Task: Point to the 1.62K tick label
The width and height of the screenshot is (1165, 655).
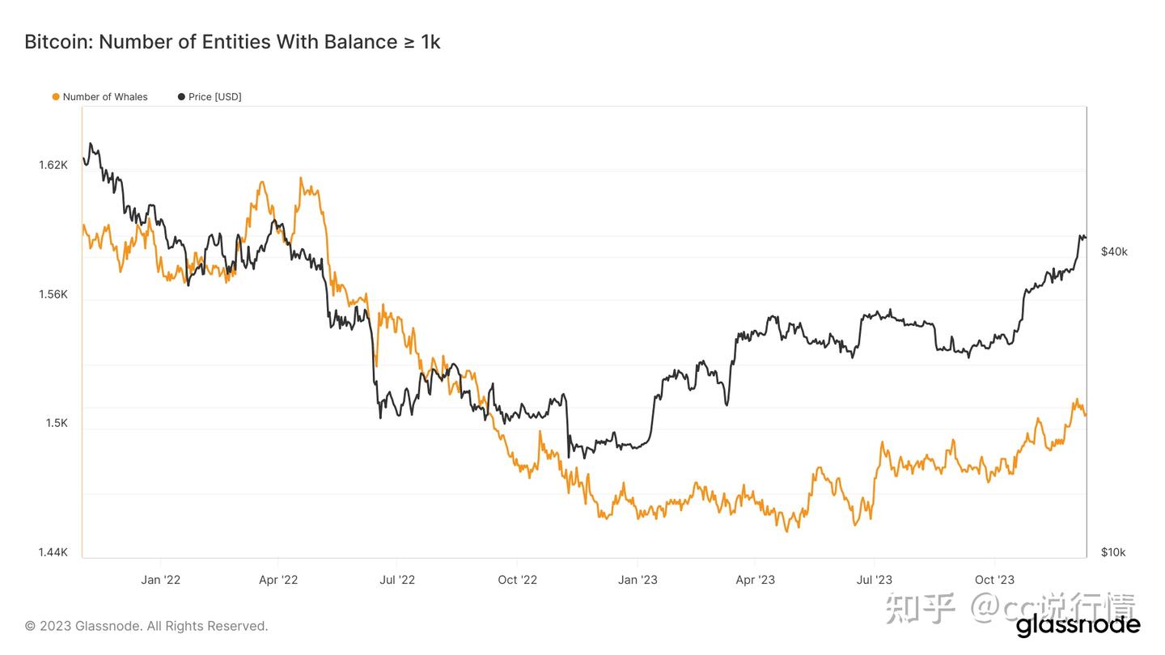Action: [x=53, y=165]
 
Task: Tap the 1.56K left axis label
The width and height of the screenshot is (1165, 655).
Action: [x=53, y=294]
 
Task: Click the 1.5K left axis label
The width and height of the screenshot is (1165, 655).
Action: [x=57, y=423]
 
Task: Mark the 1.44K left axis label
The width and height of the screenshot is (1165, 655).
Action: [x=53, y=552]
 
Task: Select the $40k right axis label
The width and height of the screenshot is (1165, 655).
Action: [x=1114, y=251]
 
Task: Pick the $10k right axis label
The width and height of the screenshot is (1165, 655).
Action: [x=1113, y=552]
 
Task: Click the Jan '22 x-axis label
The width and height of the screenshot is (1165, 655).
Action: [x=160, y=580]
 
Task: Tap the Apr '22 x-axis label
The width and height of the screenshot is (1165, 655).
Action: [x=278, y=580]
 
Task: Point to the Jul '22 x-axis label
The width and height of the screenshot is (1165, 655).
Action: [x=397, y=580]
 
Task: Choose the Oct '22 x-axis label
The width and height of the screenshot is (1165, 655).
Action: [x=518, y=580]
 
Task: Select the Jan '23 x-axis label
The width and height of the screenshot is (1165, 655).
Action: [x=638, y=580]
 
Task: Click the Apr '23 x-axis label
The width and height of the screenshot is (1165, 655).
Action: [x=755, y=580]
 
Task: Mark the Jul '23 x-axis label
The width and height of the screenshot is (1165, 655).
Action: [x=874, y=580]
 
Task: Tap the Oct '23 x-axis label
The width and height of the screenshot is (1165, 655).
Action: [x=994, y=580]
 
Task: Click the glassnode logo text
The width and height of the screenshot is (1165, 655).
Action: [x=1078, y=625]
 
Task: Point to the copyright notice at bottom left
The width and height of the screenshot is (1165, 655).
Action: [x=146, y=626]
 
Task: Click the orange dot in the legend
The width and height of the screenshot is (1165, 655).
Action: [x=56, y=97]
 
